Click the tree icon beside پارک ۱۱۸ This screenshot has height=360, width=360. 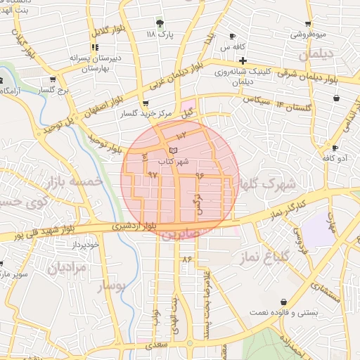click(161, 23)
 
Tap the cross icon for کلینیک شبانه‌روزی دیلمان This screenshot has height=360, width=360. click(243, 60)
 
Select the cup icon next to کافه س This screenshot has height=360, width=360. click(233, 37)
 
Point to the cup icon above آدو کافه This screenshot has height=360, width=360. click(335, 148)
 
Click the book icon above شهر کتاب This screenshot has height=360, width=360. click(173, 150)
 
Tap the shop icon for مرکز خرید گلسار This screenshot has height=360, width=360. click(146, 103)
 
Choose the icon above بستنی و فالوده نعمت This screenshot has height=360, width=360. click(283, 302)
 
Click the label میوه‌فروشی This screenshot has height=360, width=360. click(309, 34)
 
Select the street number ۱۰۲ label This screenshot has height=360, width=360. click(181, 134)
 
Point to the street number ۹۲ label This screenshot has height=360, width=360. click(153, 174)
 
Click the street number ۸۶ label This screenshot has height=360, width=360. click(186, 259)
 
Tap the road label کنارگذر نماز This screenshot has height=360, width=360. click(288, 207)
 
